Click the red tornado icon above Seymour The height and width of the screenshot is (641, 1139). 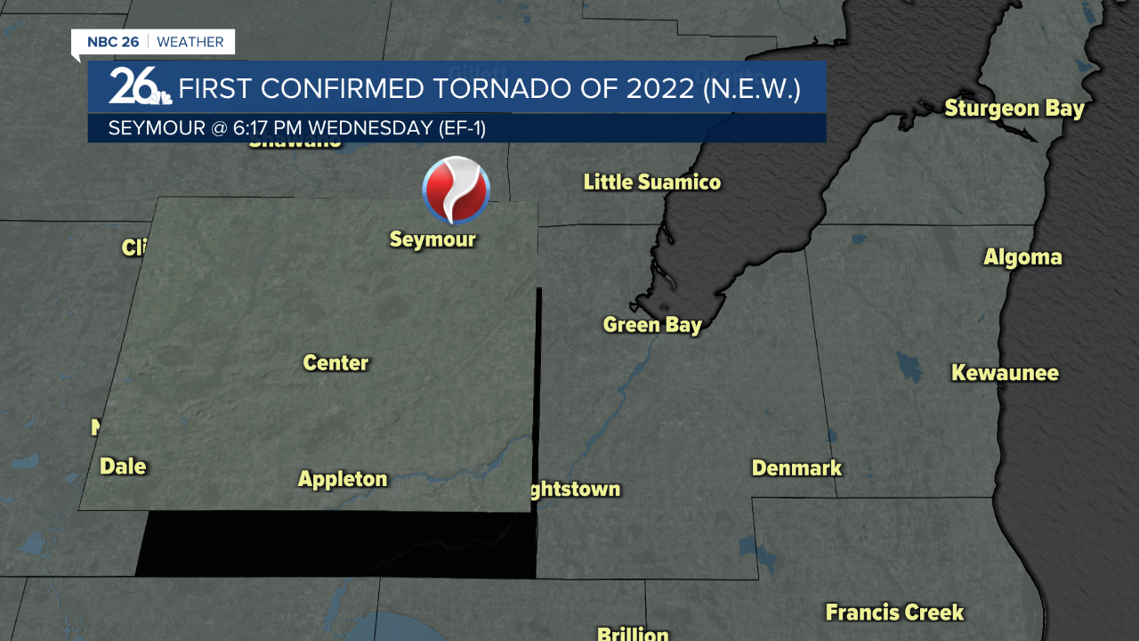[456, 190]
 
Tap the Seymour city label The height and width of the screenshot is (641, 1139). [432, 239]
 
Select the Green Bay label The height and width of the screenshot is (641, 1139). [652, 325]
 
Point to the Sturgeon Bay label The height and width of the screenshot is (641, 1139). [1014, 109]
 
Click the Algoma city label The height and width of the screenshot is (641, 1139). [1022, 257]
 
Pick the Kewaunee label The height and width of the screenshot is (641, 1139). [1005, 372]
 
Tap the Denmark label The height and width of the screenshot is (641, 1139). [796, 467]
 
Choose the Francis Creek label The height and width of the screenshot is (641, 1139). [894, 613]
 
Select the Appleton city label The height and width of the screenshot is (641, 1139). [343, 479]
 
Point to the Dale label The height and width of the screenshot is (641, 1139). [123, 466]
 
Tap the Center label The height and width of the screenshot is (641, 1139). [335, 362]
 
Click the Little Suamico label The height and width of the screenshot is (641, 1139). [651, 183]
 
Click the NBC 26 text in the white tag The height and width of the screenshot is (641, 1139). [113, 42]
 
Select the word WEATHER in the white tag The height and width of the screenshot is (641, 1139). [190, 42]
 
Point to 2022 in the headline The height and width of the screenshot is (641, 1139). [659, 89]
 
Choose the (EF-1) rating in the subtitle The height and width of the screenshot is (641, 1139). [462, 128]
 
